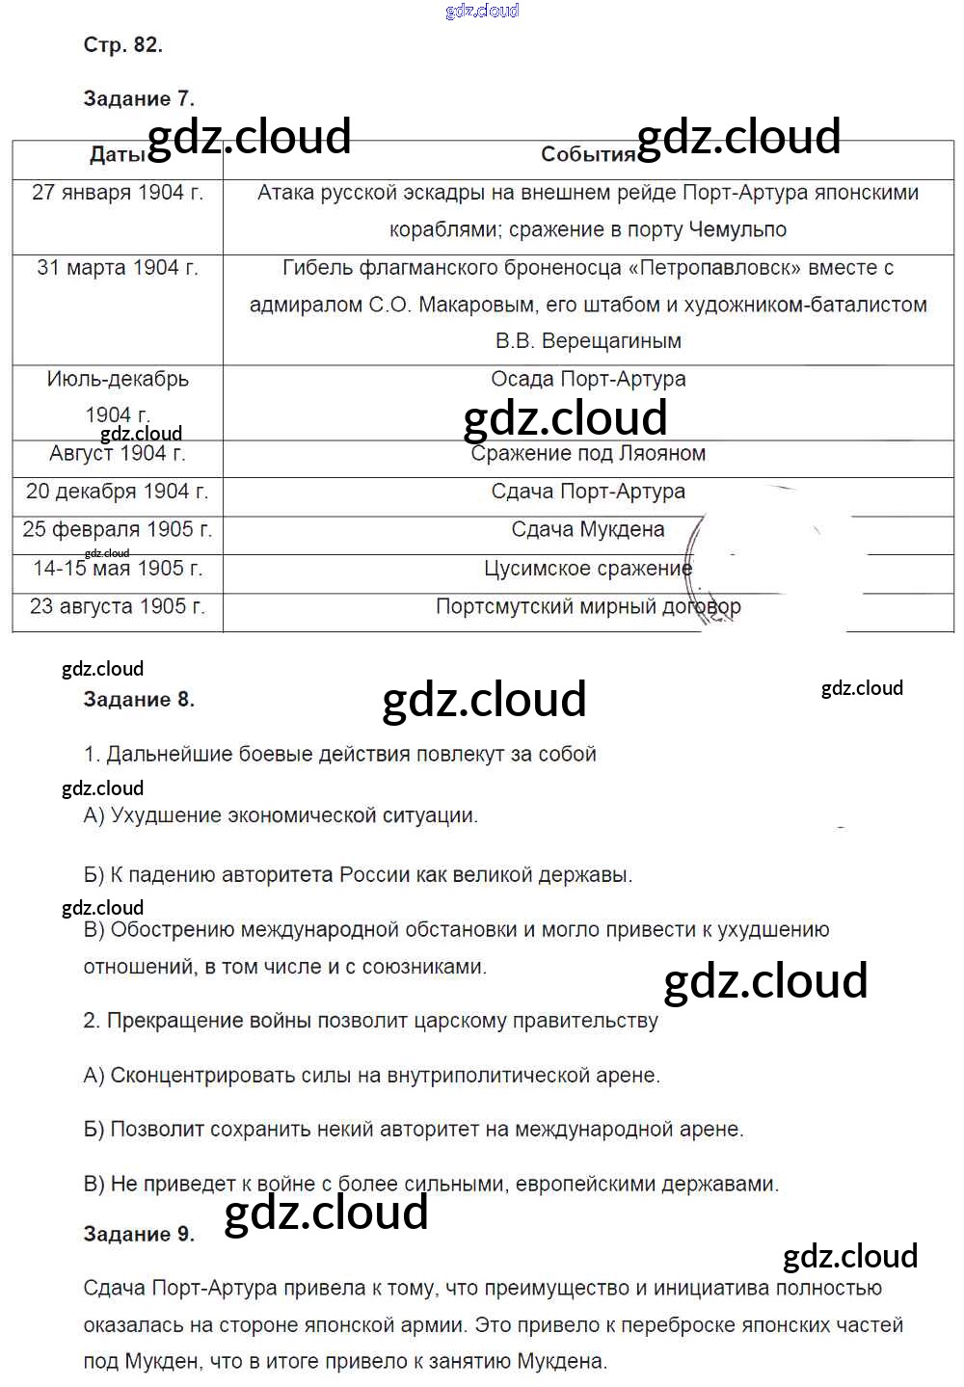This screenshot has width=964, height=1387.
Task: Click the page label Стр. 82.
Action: tap(122, 45)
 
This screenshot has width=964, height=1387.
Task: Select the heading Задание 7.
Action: tap(139, 98)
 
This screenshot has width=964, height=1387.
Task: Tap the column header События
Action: tap(587, 154)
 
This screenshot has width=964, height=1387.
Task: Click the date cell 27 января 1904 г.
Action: tap(118, 193)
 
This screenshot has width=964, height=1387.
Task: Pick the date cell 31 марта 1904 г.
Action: tap(118, 268)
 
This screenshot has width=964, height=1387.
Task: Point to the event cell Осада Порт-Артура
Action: tap(588, 379)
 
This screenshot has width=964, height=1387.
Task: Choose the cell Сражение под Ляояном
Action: tap(588, 453)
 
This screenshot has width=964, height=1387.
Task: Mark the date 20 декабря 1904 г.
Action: tap(118, 492)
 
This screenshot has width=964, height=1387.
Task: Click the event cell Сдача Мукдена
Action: tap(588, 529)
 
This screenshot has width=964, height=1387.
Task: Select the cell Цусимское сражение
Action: tap(588, 569)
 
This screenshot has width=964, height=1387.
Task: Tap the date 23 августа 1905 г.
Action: tap(118, 607)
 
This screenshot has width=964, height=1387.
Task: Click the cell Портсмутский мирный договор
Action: tap(588, 607)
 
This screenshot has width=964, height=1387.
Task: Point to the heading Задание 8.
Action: tap(139, 700)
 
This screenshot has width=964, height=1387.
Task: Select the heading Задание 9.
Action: tap(139, 1234)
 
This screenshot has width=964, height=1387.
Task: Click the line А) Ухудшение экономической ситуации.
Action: tap(281, 815)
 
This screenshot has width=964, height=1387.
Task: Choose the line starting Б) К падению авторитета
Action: tap(358, 875)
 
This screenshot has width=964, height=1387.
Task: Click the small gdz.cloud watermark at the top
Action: tap(482, 11)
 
